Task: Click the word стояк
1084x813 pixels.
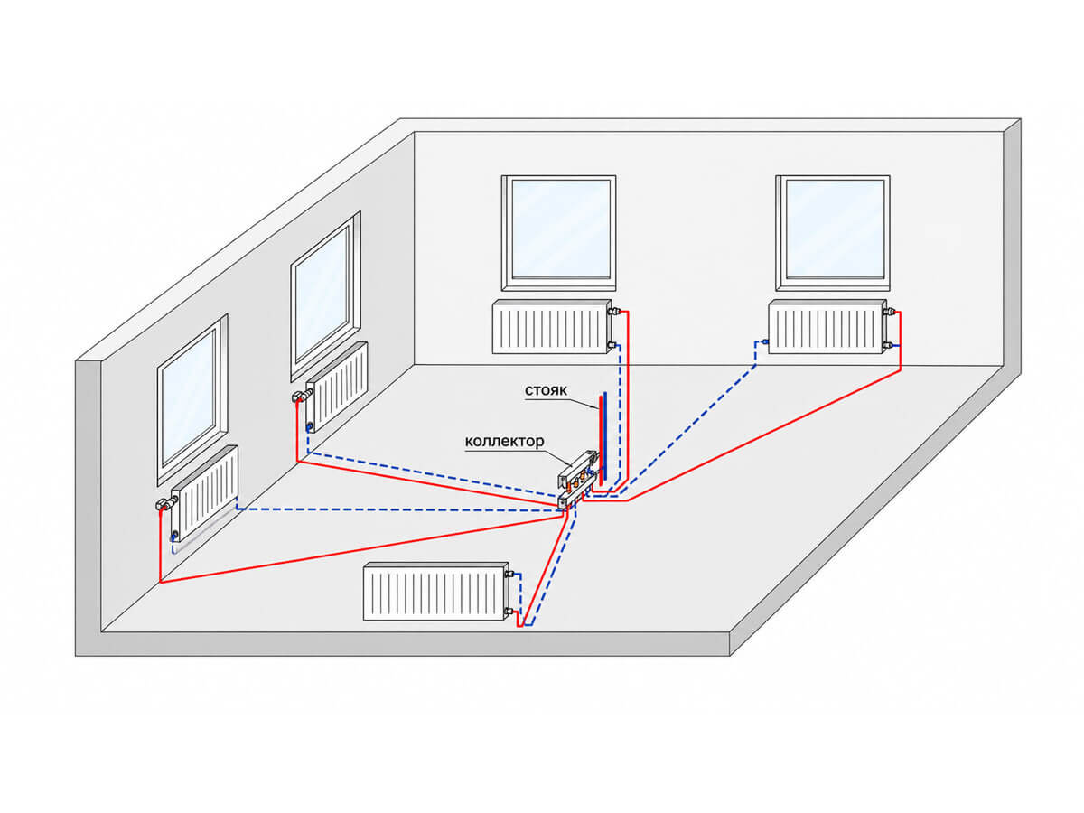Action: click(x=546, y=390)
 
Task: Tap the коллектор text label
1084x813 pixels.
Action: click(x=504, y=440)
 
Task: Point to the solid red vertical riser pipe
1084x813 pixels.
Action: click(x=600, y=436)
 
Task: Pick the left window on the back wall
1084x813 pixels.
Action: click(x=558, y=232)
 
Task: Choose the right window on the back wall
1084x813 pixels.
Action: click(x=832, y=232)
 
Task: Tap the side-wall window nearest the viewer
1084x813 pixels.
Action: click(x=192, y=399)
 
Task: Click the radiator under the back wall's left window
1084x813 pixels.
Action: click(x=552, y=326)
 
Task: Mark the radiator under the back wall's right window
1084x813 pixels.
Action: click(x=827, y=326)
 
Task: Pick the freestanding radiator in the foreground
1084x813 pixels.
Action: click(x=435, y=591)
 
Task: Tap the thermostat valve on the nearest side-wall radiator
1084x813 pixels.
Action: click(x=166, y=503)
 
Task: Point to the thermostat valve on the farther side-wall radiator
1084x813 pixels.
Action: click(x=302, y=395)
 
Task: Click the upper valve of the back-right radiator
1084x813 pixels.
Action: click(x=891, y=311)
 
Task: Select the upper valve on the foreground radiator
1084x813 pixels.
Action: click(x=511, y=574)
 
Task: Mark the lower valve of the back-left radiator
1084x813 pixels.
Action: click(x=613, y=345)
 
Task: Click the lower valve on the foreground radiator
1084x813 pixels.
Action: click(x=509, y=612)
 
